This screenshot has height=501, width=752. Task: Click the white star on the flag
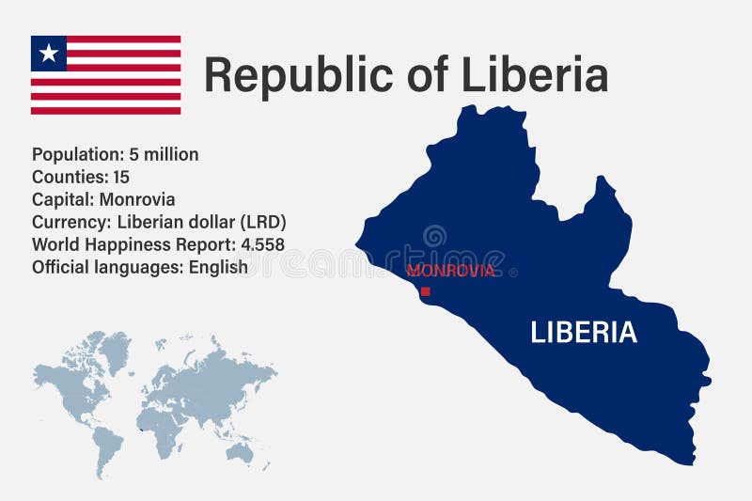(49, 54)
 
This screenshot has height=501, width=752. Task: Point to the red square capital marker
(425, 291)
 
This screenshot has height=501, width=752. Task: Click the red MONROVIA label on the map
(450, 271)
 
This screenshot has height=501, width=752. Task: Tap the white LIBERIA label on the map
(584, 332)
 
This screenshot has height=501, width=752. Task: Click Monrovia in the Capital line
(138, 199)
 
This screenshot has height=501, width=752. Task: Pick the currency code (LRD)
(262, 222)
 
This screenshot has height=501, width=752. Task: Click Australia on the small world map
(240, 452)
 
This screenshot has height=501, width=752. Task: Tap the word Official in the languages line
(62, 267)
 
